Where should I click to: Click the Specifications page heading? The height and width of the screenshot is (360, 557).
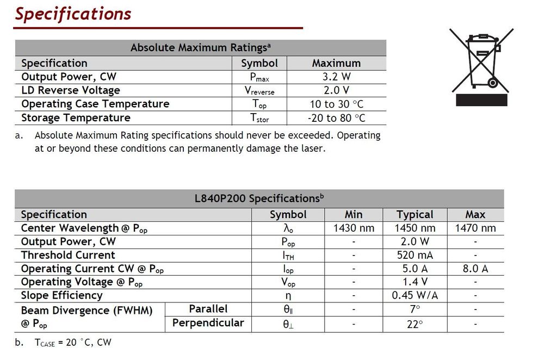pyautogui.click(x=73, y=14)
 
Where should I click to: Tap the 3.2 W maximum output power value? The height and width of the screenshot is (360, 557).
pyautogui.click(x=336, y=77)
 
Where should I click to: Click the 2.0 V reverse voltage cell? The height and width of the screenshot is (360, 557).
pyautogui.click(x=336, y=90)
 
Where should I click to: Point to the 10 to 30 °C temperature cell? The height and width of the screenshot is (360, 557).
pyautogui.click(x=336, y=104)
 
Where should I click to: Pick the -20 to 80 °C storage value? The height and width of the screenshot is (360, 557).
pyautogui.click(x=336, y=117)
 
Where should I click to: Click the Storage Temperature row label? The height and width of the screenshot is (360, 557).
pyautogui.click(x=76, y=117)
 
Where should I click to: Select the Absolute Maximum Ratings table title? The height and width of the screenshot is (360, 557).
pyautogui.click(x=201, y=48)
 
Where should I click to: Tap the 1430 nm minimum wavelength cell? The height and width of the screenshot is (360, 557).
pyautogui.click(x=354, y=228)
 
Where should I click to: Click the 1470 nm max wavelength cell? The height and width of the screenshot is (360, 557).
pyautogui.click(x=475, y=228)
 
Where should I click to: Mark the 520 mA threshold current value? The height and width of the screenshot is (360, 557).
pyautogui.click(x=415, y=255)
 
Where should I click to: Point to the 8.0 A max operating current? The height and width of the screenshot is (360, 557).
pyautogui.click(x=475, y=269)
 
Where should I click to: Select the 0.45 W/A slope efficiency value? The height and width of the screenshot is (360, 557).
pyautogui.click(x=415, y=295)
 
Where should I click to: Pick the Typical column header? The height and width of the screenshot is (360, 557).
pyautogui.click(x=415, y=215)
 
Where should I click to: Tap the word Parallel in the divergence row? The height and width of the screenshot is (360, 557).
pyautogui.click(x=208, y=309)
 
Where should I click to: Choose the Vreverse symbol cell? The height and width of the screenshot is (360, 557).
pyautogui.click(x=259, y=91)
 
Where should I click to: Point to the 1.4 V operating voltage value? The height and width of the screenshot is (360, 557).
pyautogui.click(x=415, y=282)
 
